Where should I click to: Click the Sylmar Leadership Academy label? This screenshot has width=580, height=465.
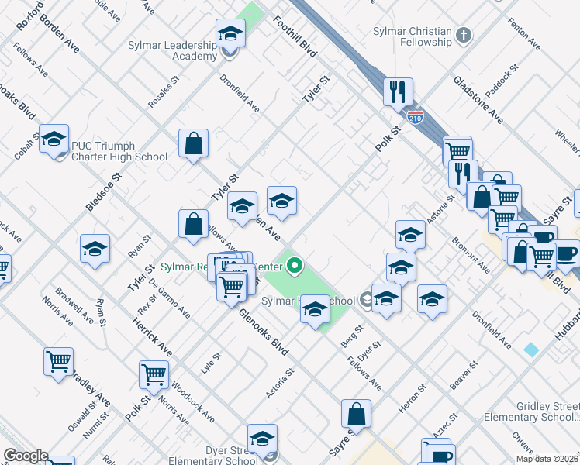[x=174, y=51]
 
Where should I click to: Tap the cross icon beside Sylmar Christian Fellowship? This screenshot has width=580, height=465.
[x=464, y=35]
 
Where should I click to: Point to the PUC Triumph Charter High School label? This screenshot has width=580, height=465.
[x=119, y=151]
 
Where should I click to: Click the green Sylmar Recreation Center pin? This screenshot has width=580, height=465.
[x=294, y=268]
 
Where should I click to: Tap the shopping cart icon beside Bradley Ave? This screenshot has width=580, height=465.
[x=59, y=362]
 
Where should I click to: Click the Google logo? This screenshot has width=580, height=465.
[x=26, y=456]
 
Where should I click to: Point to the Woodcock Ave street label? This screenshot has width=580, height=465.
[x=194, y=401]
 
